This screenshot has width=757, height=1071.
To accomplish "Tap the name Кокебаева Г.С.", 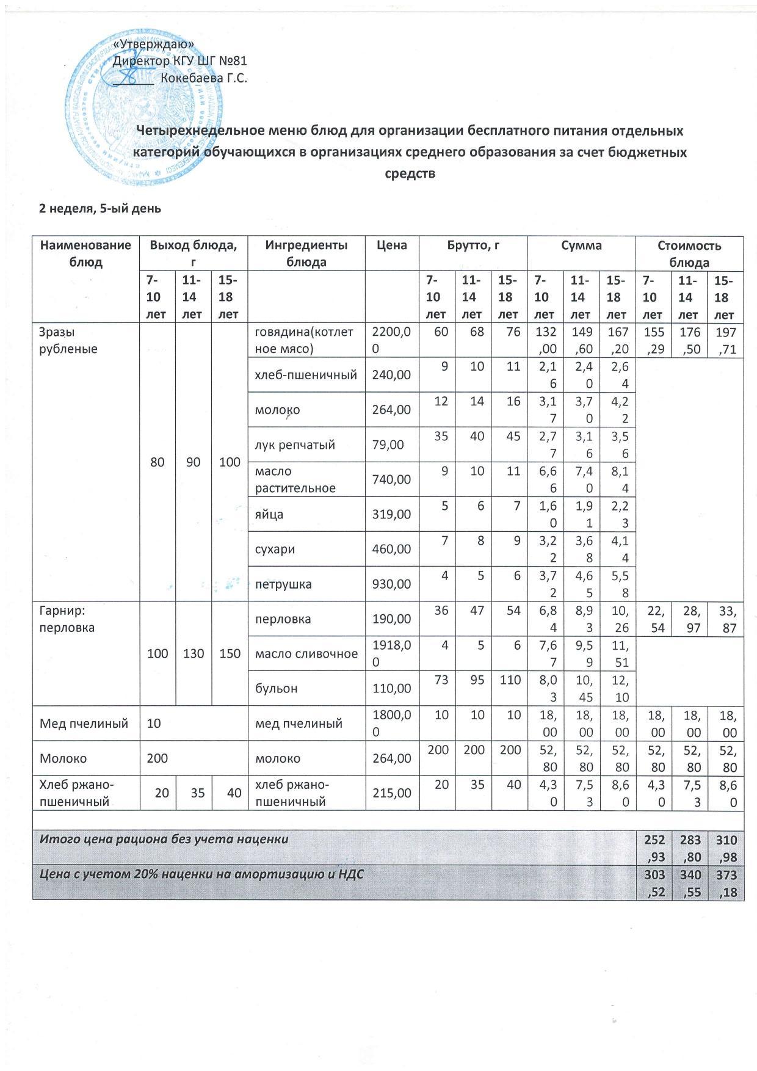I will [203, 78].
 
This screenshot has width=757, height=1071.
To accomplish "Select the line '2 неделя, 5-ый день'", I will [100, 209].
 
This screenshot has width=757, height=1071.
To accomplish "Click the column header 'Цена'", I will [391, 245].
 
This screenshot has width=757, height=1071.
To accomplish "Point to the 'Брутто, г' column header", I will [473, 245].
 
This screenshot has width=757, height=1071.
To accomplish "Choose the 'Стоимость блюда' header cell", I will [689, 253].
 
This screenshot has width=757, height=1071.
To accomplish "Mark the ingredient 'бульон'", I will [276, 689].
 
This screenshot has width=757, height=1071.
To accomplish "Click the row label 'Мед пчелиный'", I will [84, 724].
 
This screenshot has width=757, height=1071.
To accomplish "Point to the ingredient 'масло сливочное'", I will [306, 653].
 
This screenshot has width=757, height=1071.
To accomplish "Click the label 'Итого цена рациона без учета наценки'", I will [164, 840].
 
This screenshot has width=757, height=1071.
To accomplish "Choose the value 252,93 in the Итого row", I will [652, 848].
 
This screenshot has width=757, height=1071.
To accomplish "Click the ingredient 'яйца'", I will [269, 514].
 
